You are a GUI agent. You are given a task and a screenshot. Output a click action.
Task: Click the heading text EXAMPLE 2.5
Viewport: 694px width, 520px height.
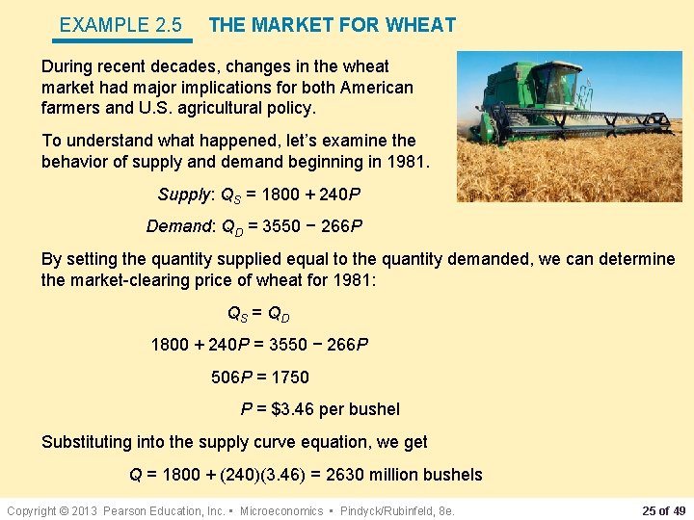click(x=120, y=25)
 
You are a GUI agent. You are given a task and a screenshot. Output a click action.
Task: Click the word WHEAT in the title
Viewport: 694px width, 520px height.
click(x=421, y=25)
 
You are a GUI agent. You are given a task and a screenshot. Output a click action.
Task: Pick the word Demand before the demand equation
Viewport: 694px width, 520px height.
click(x=177, y=226)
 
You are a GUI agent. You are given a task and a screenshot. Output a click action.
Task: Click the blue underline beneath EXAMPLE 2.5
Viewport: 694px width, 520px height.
click(x=123, y=40)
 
